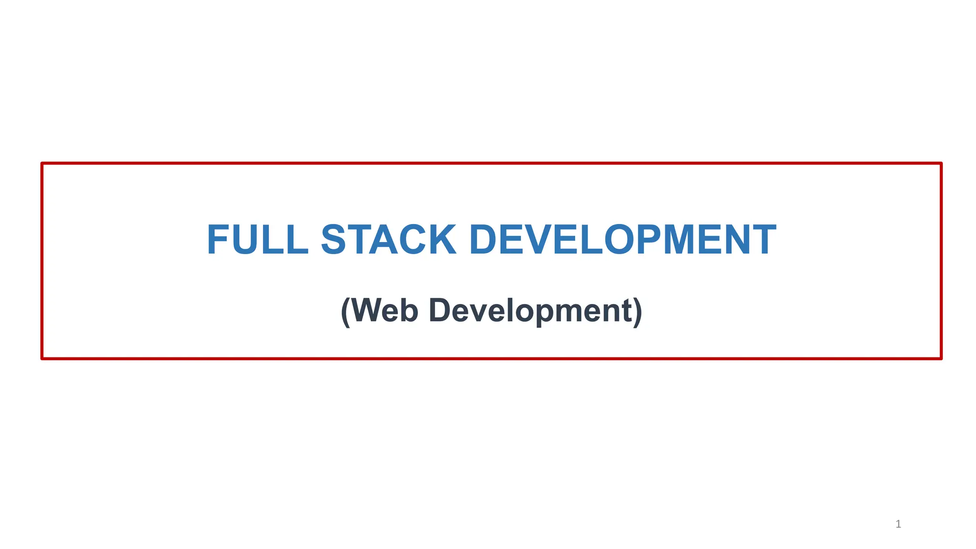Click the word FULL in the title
click(x=258, y=240)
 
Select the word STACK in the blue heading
click(x=388, y=240)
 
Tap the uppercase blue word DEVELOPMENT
click(x=623, y=240)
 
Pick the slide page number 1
click(x=898, y=524)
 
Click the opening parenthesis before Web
click(x=346, y=312)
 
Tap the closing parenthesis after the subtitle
click(x=638, y=312)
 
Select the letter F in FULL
click(x=217, y=240)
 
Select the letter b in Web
click(x=409, y=311)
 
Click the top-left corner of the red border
click(x=42, y=163)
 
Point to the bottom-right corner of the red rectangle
click(x=941, y=358)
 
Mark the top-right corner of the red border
click(x=941, y=163)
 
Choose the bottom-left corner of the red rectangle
click(x=42, y=358)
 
